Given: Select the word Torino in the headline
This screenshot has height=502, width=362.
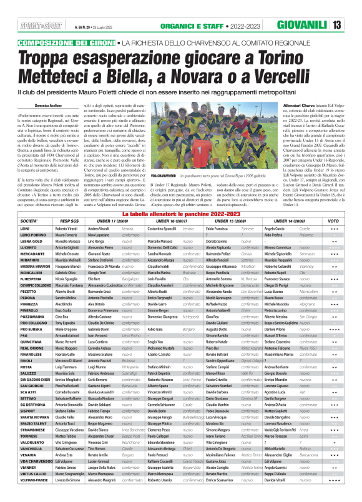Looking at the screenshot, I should pos(310,57).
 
